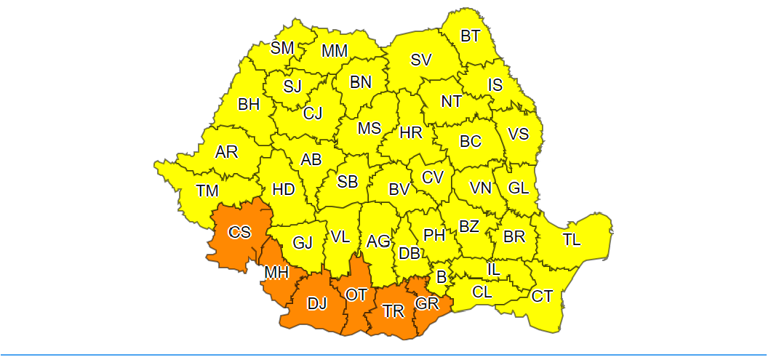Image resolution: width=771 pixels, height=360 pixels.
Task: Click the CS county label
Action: click(239, 233)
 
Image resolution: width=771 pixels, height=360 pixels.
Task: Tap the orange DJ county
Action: click(317, 304)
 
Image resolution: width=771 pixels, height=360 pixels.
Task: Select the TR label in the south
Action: click(394, 311)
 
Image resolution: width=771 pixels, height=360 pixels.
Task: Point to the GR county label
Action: click(427, 303)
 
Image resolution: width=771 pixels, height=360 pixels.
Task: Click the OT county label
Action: click(356, 295)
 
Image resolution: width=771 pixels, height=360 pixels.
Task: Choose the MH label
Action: click(276, 273)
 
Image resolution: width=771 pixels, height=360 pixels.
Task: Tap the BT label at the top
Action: click(471, 35)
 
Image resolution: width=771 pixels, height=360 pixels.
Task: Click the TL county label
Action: click(572, 239)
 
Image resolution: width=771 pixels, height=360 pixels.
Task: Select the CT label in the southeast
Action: click(542, 296)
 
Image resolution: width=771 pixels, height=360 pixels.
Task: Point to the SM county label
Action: click(282, 48)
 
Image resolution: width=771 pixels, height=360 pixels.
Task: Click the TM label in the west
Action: click(207, 191)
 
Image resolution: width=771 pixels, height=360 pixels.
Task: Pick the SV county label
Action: click(421, 60)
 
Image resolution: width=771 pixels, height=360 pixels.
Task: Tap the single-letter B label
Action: click(441, 276)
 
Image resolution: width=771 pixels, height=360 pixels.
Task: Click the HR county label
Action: click(411, 132)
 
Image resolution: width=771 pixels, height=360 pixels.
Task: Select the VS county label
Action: click(518, 134)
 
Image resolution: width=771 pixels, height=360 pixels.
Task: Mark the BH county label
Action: click(249, 104)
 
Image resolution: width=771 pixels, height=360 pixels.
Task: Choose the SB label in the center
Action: click(347, 182)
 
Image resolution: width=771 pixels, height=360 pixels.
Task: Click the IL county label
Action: click(493, 269)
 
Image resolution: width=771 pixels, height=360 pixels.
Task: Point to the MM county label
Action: click(335, 51)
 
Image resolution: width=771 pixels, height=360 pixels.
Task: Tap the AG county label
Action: click(378, 241)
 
